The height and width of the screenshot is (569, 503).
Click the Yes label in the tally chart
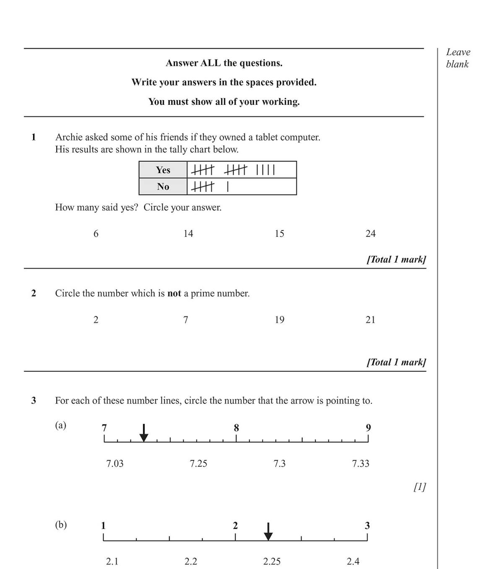pyautogui.click(x=163, y=170)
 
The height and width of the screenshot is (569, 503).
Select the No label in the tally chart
pyautogui.click(x=163, y=186)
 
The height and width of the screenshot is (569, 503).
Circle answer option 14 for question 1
pyautogui.click(x=188, y=233)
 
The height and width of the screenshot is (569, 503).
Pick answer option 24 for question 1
pyautogui.click(x=371, y=233)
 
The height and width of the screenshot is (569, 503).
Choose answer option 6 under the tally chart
pyautogui.click(x=96, y=233)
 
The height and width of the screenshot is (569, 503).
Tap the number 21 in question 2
pyautogui.click(x=371, y=320)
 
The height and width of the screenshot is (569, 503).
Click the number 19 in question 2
pyautogui.click(x=280, y=320)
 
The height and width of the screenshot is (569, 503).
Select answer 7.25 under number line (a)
pyautogui.click(x=198, y=463)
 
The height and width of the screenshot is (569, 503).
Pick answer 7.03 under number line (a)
pyautogui.click(x=115, y=463)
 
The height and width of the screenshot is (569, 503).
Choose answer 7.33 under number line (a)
pyautogui.click(x=360, y=463)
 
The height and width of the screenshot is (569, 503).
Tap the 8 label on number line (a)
pyautogui.click(x=236, y=428)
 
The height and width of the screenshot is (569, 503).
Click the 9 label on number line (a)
pyautogui.click(x=368, y=428)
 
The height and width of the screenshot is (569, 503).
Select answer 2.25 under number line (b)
pyautogui.click(x=272, y=561)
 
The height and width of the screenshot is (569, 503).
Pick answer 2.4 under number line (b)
pyautogui.click(x=353, y=561)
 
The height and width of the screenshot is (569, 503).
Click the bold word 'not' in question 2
pyautogui.click(x=174, y=293)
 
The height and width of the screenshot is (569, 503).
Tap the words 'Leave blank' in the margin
pyautogui.click(x=458, y=58)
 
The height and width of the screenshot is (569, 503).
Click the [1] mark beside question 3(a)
pyautogui.click(x=420, y=487)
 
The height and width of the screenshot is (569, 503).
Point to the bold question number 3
pyautogui.click(x=34, y=401)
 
